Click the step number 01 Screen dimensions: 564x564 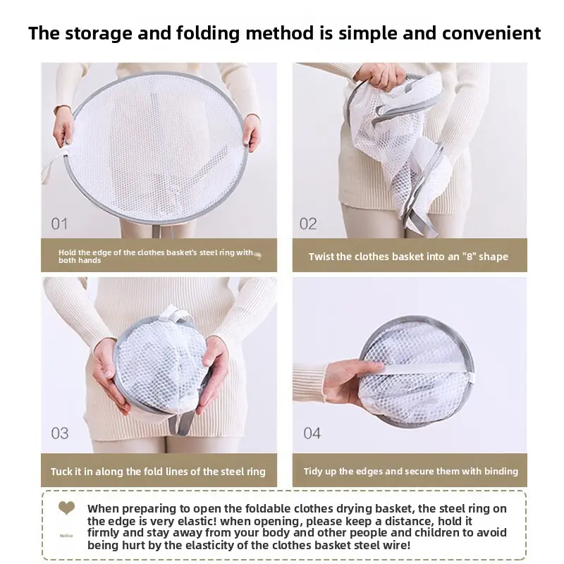pyautogui.click(x=59, y=223)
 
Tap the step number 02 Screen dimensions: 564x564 pyautogui.click(x=308, y=223)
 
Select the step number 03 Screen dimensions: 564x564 pyautogui.click(x=60, y=434)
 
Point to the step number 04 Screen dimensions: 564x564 pyautogui.click(x=312, y=434)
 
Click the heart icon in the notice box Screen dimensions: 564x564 pyautogui.click(x=66, y=508)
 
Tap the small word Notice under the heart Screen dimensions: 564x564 pyautogui.click(x=66, y=536)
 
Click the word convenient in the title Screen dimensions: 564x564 pyautogui.click(x=491, y=33)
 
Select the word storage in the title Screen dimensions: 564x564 pyautogui.click(x=99, y=34)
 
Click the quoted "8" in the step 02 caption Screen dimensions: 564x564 pyautogui.click(x=469, y=257)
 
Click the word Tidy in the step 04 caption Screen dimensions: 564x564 pyautogui.click(x=312, y=472)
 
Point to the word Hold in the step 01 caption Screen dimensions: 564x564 pyautogui.click(x=67, y=252)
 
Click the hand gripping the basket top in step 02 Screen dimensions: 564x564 pyautogui.click(x=380, y=77)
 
